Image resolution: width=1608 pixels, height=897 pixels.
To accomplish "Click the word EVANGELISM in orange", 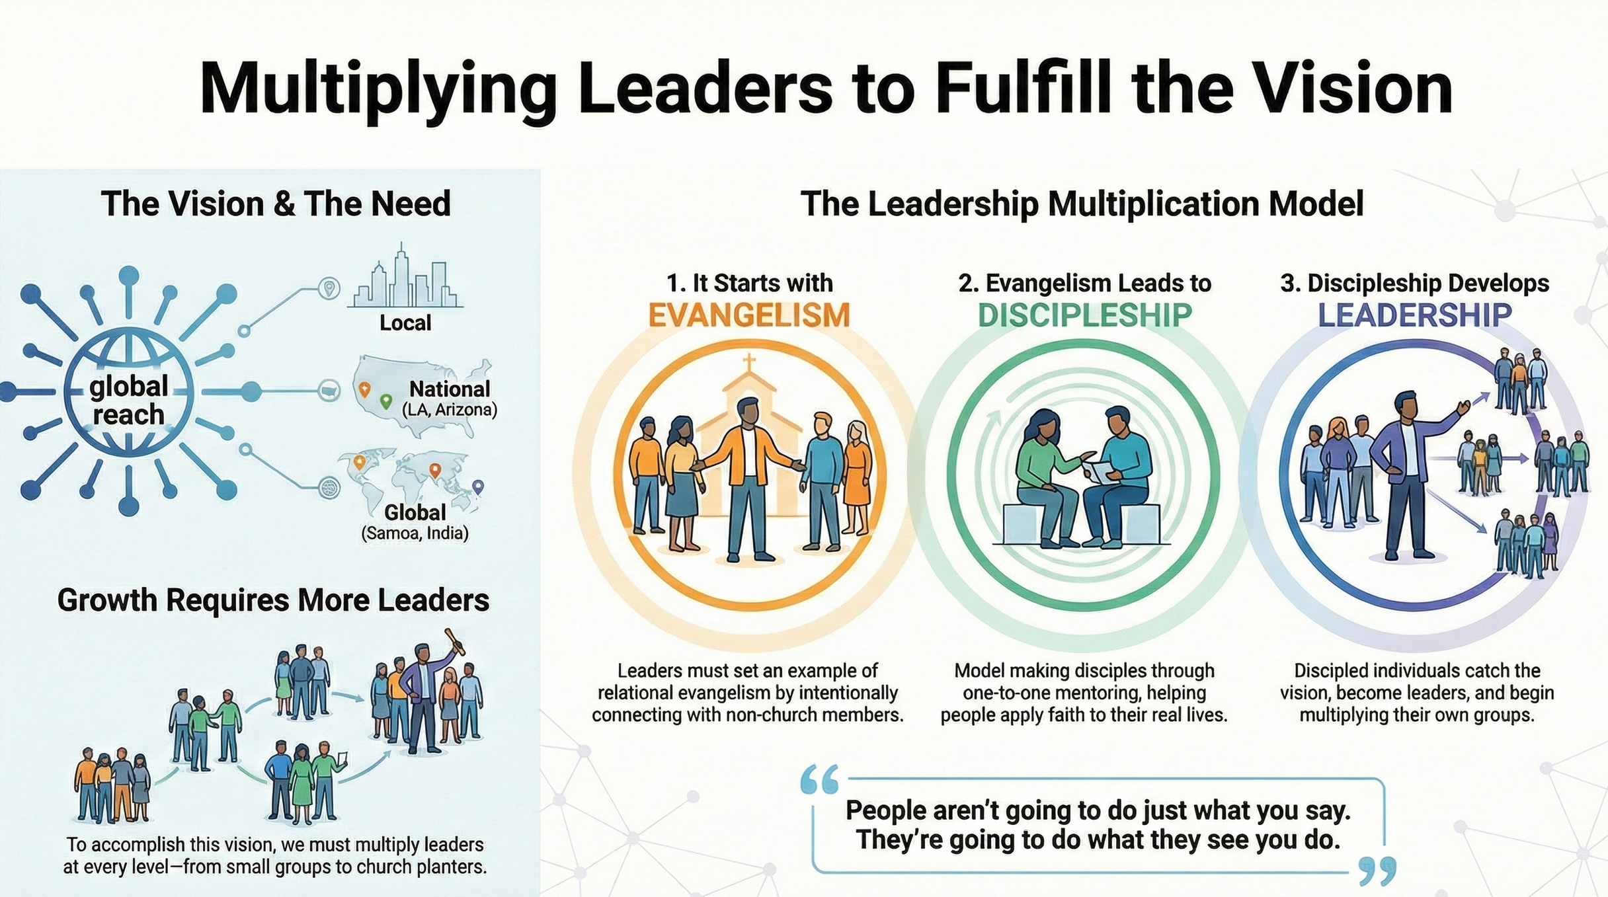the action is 748,315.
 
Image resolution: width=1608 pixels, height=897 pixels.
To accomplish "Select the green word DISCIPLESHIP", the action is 1084,315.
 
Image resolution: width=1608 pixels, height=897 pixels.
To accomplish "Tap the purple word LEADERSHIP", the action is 1415,315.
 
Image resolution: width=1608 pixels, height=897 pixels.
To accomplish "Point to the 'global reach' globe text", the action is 128,401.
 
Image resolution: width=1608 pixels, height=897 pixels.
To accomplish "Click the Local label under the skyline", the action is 405,323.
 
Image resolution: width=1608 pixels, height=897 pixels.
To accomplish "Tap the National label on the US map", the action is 450,389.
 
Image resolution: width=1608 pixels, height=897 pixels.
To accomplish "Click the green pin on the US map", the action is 385,401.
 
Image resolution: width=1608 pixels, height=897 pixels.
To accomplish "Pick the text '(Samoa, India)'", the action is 415,533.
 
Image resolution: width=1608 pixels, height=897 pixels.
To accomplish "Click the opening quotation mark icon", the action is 819,780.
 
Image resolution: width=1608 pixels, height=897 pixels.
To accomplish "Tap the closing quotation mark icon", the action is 1378,871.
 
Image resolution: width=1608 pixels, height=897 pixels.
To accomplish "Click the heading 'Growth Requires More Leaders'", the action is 273,600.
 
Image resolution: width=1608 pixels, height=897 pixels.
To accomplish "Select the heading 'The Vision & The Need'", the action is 276,204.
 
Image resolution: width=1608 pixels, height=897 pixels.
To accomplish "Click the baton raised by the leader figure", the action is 454,641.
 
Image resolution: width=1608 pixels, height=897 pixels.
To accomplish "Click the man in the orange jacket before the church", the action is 748,476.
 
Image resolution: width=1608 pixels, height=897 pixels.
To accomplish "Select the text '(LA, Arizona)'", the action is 450,410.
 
